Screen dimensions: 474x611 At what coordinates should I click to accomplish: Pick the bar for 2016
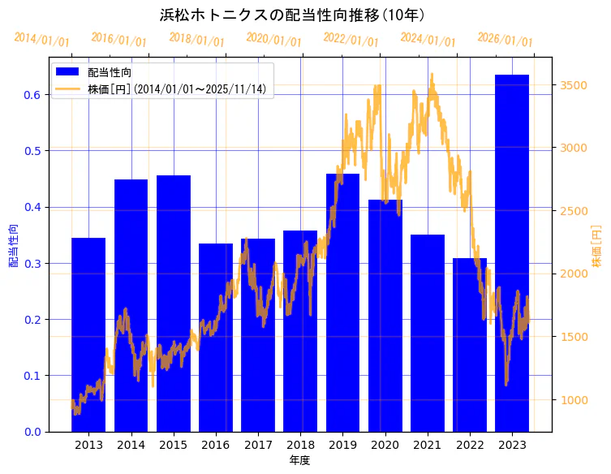click(x=216, y=338)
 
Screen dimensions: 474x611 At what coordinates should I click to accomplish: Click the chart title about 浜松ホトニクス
click(x=293, y=15)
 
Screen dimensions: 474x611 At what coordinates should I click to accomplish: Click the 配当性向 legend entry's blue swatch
click(x=68, y=72)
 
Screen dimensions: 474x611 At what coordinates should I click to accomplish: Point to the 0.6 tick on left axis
click(x=32, y=95)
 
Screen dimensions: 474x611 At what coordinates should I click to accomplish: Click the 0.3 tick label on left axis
click(x=32, y=264)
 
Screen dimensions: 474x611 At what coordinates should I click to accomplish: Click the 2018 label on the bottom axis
click(x=300, y=445)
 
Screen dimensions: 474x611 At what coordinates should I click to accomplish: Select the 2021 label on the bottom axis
click(x=428, y=445)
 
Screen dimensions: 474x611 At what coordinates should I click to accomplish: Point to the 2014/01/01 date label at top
click(x=42, y=40)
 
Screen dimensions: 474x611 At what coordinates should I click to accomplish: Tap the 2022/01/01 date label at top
click(x=351, y=39)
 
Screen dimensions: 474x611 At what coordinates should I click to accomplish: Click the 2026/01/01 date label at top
click(x=505, y=39)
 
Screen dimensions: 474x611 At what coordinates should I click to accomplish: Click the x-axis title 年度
click(x=300, y=460)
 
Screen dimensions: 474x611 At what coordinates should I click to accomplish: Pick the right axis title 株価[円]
click(x=596, y=245)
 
